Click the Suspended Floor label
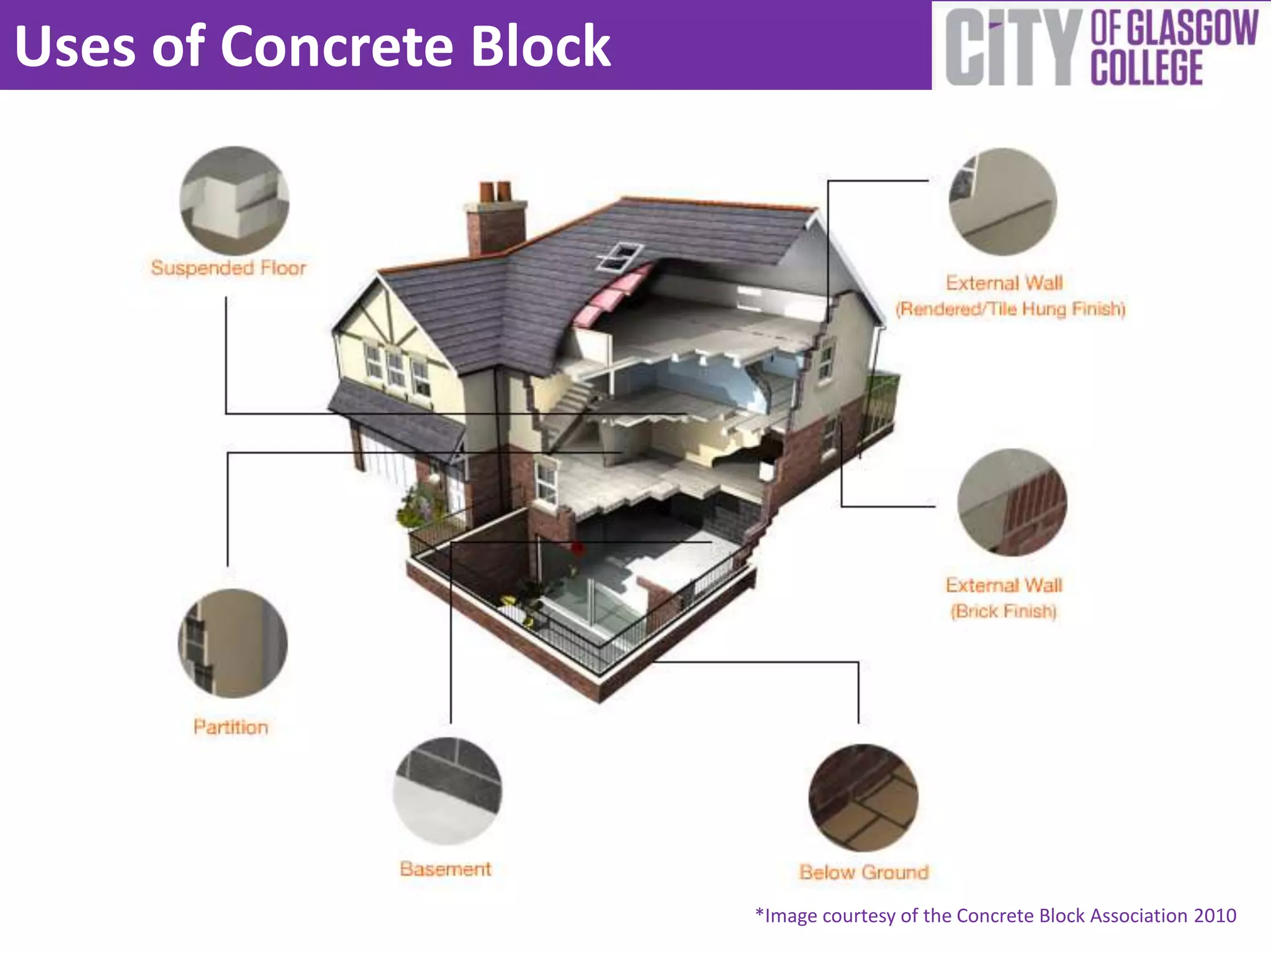click(228, 268)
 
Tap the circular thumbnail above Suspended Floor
click(234, 200)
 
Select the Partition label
click(231, 727)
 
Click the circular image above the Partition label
click(233, 643)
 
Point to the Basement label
click(446, 869)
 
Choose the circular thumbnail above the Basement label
click(447, 791)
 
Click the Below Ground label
click(864, 872)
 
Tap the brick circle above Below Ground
click(863, 798)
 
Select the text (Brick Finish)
click(1004, 611)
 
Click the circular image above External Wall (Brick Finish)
click(1012, 502)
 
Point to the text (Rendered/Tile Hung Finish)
click(1010, 309)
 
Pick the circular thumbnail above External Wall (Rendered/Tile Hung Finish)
click(1003, 202)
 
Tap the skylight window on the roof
click(619, 256)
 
